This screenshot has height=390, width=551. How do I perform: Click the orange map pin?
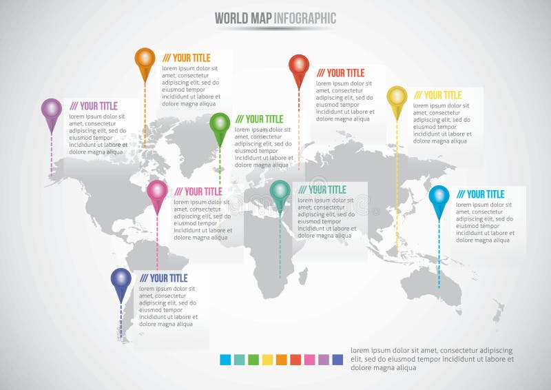coord(145,59)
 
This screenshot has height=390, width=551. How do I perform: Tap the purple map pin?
coord(52,110)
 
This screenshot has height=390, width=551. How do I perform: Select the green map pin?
coord(220,124)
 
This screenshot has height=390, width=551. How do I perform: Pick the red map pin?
coord(299,66)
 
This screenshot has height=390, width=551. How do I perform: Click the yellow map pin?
coord(397,98)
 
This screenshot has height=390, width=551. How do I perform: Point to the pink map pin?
coord(157,192)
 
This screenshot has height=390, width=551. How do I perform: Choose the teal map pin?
coord(280,192)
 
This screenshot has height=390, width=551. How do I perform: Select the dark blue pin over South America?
coord(121,279)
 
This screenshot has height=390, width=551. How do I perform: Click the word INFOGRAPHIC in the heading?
coord(304,19)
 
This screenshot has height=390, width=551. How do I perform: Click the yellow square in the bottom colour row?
coord(267,359)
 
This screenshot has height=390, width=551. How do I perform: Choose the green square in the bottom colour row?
coord(253,359)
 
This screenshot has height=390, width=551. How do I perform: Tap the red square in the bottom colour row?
coord(295,359)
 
